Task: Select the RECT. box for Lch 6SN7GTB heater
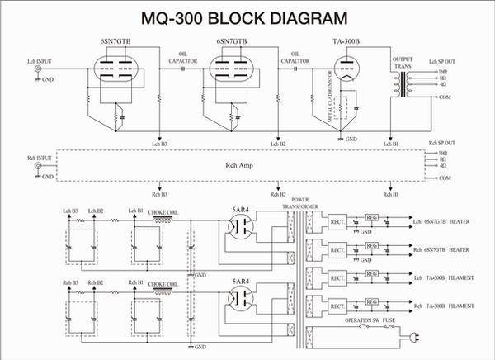click(x=337, y=220)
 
